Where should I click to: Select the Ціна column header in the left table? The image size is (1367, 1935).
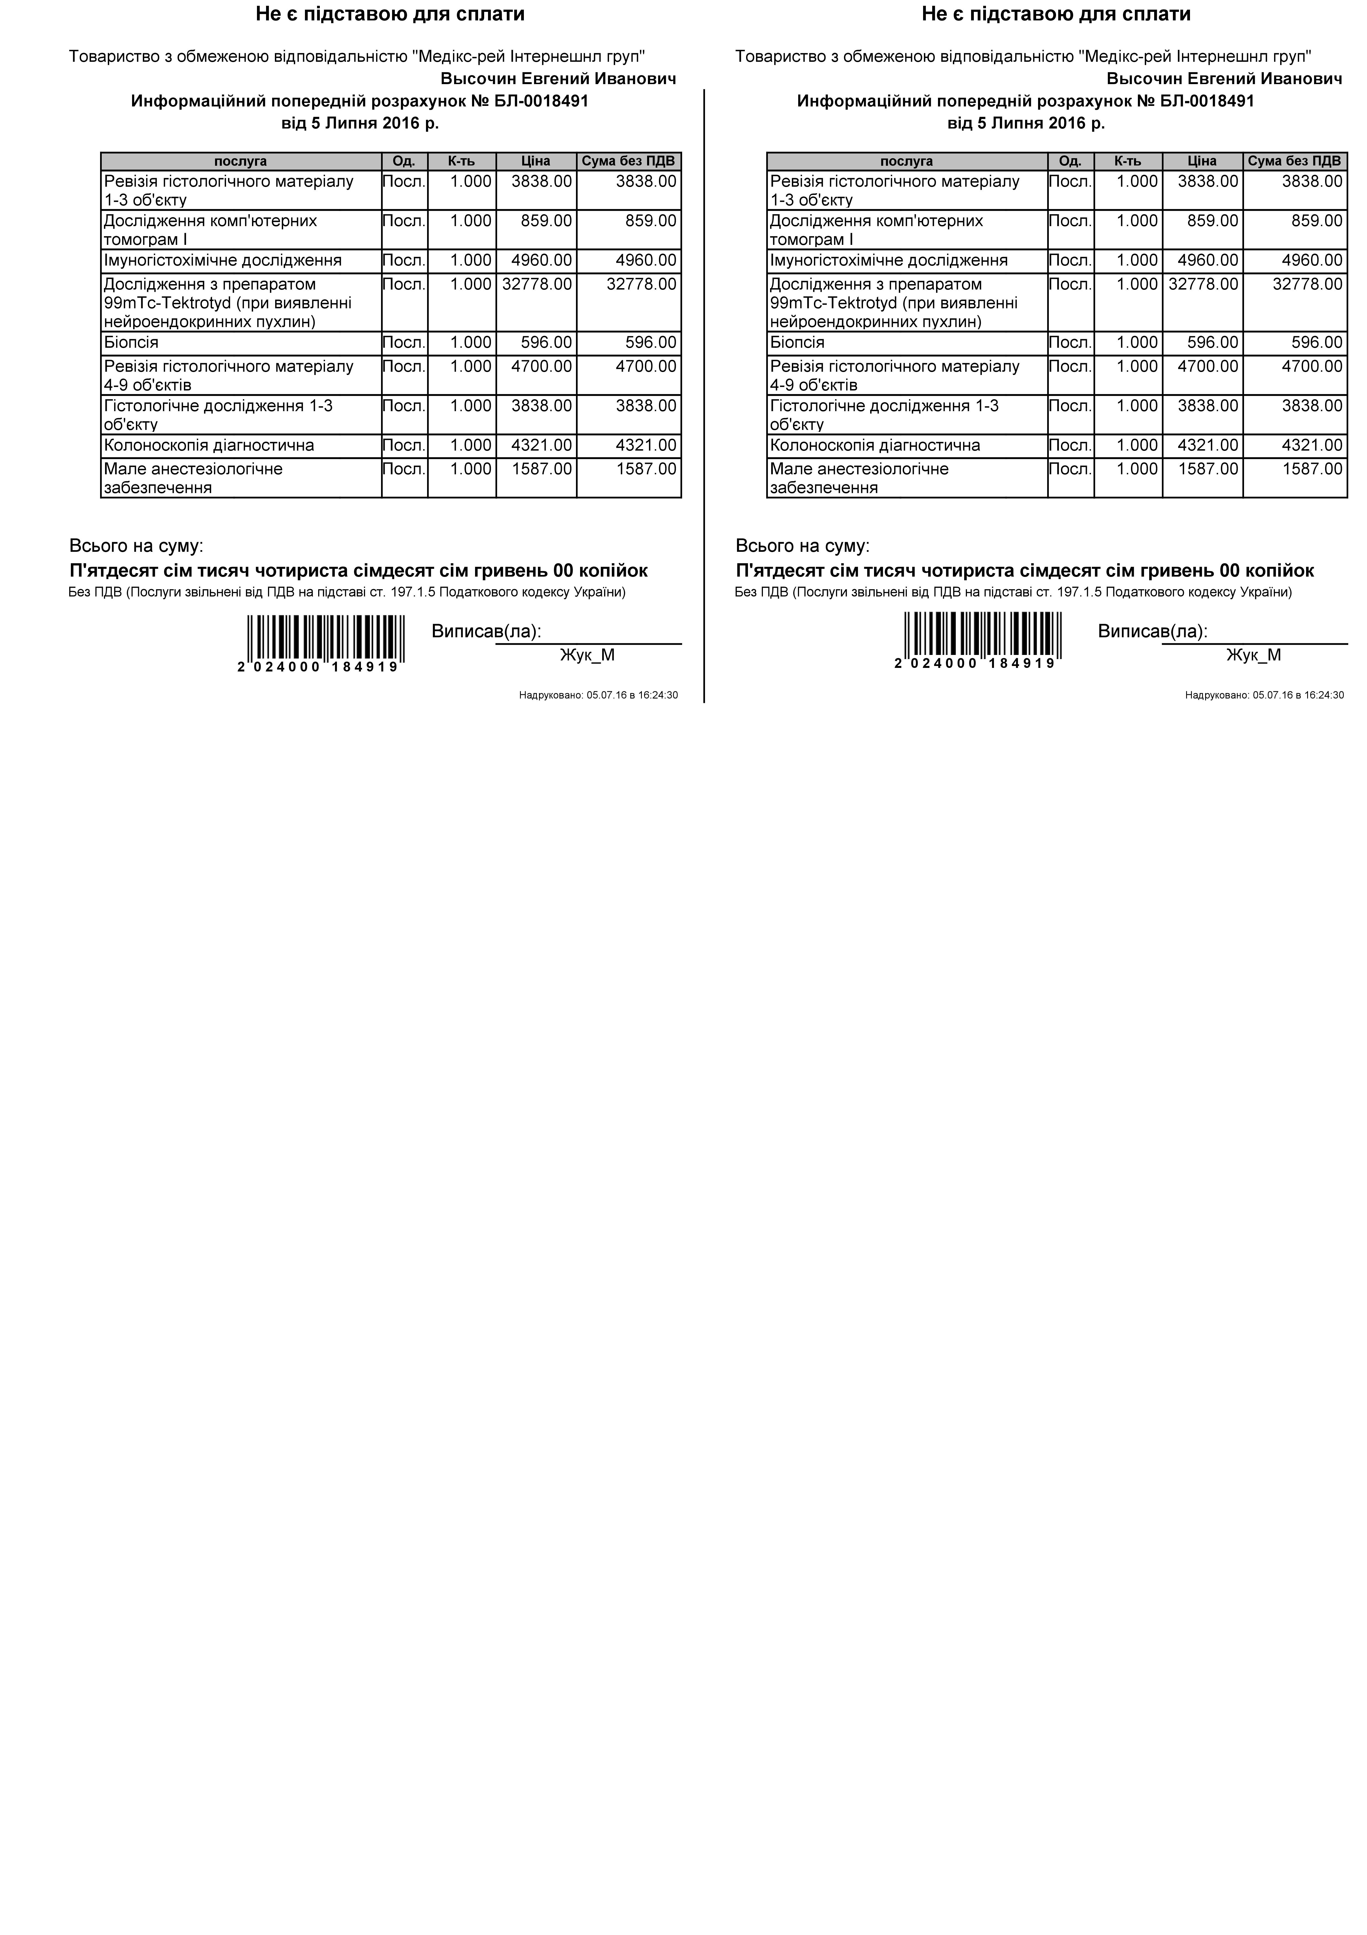click(x=536, y=161)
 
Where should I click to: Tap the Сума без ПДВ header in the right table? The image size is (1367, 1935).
click(x=1294, y=161)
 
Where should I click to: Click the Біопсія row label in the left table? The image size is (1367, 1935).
click(x=132, y=343)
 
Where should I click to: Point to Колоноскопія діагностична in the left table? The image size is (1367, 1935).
click(x=209, y=446)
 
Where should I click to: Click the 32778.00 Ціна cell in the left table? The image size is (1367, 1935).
click(x=537, y=285)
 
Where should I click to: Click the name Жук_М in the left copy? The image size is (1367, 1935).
click(x=588, y=656)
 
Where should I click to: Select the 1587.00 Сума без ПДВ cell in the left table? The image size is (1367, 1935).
click(x=647, y=469)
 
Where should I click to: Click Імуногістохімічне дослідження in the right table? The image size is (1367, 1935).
click(x=889, y=260)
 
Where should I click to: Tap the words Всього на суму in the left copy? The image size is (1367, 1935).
click(x=136, y=546)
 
